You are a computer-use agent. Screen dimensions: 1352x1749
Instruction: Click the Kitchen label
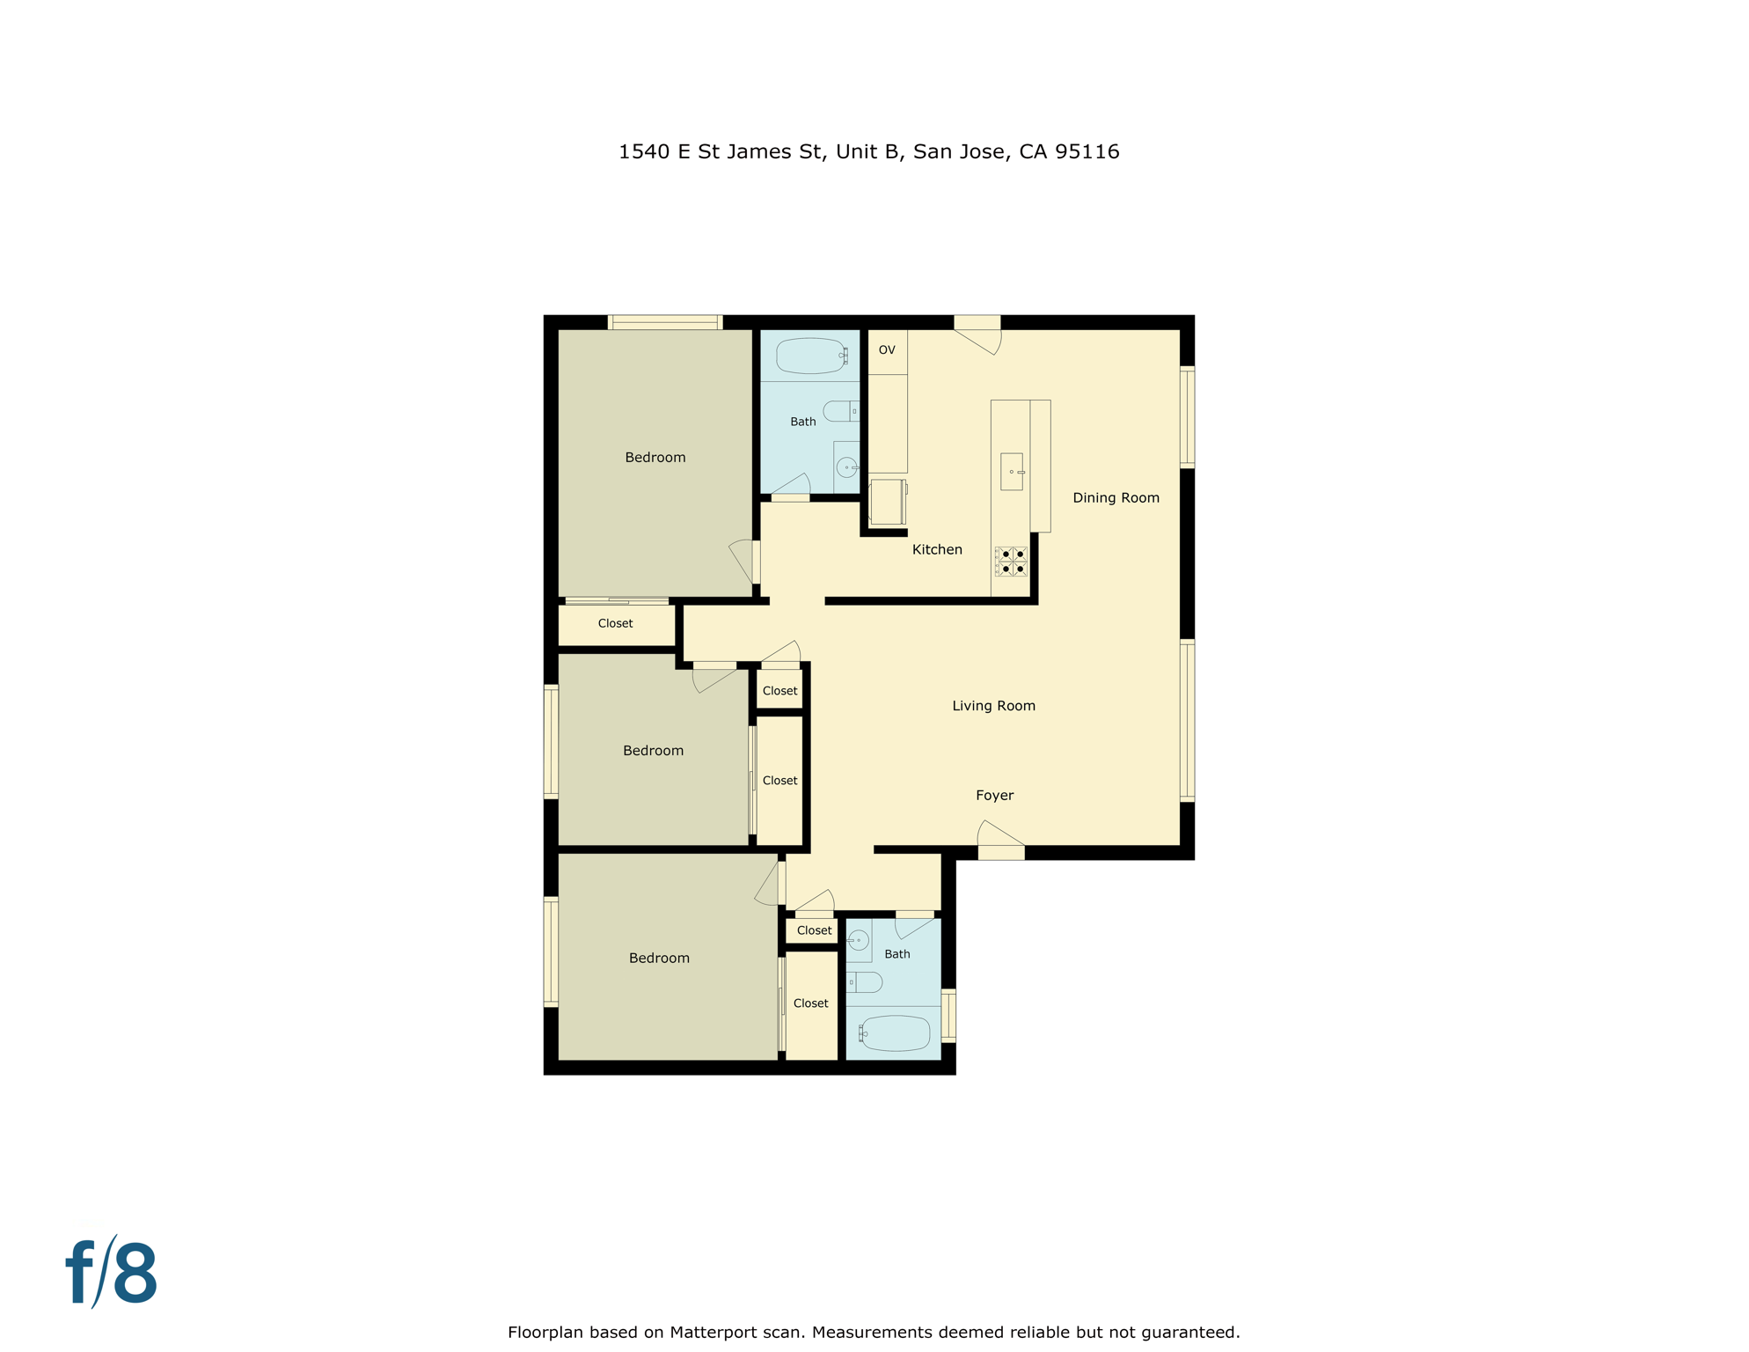[x=937, y=549]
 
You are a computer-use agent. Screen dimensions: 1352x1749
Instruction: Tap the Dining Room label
[x=1116, y=498]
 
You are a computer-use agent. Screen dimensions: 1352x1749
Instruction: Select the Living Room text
[x=993, y=706]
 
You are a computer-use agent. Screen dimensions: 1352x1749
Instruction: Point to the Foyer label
[x=994, y=796]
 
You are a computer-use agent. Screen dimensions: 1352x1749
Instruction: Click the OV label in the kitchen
[x=887, y=350]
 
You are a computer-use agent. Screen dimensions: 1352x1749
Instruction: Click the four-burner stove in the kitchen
[x=1011, y=562]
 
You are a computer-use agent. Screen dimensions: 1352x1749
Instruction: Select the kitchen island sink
[x=1012, y=472]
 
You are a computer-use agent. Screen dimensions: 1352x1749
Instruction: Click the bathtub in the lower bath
[x=896, y=1033]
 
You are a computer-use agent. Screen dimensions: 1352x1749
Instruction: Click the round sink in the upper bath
[x=846, y=467]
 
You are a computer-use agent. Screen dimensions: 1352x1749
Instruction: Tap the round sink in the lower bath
[x=859, y=940]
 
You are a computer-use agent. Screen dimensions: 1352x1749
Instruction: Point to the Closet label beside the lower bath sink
[x=814, y=930]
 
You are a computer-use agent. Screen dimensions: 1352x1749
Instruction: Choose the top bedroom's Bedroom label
[x=655, y=458]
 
